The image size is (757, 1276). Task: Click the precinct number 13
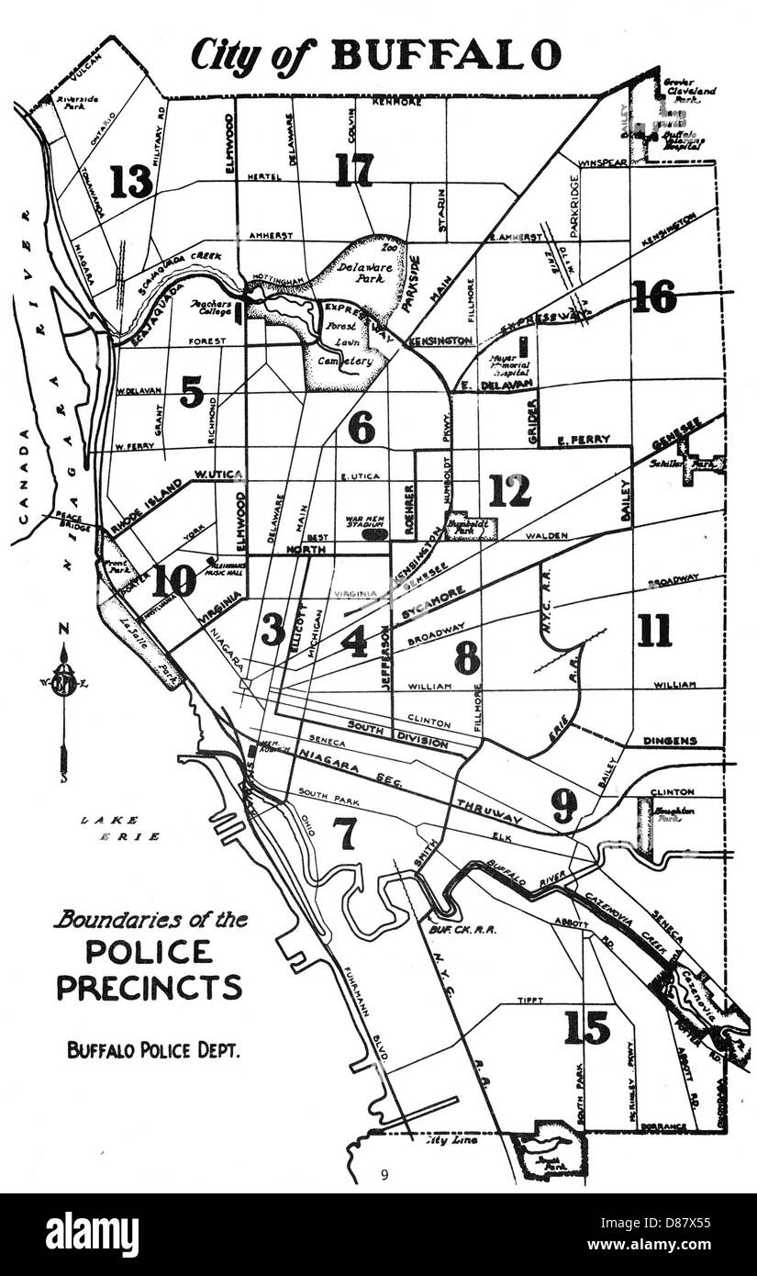coord(131,182)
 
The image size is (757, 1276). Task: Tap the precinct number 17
coord(353,170)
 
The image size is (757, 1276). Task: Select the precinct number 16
coord(653,297)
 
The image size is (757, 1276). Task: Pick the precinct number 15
coord(587,1027)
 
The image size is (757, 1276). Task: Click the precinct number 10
coord(174,580)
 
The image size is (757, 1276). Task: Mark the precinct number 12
coord(509,490)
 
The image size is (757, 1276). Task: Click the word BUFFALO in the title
coord(446,55)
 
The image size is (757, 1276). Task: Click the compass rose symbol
coord(63,684)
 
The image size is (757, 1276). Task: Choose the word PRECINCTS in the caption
coord(150,986)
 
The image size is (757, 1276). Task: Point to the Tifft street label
coord(529,1000)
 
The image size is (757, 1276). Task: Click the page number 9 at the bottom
coord(385,1172)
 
